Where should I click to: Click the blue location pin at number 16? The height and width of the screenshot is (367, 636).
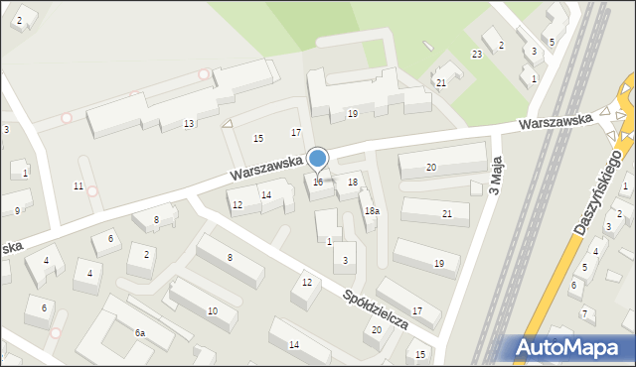pyautogui.click(x=318, y=160)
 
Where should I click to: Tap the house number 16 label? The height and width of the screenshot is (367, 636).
pyautogui.click(x=318, y=183)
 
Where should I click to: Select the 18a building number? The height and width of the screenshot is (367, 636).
pyautogui.click(x=371, y=211)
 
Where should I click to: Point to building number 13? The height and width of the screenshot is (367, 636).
pyautogui.click(x=189, y=124)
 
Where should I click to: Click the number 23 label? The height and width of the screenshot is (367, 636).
pyautogui.click(x=477, y=54)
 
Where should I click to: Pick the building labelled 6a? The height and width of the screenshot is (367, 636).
pyautogui.click(x=141, y=333)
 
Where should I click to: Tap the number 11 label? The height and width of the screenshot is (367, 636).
pyautogui.click(x=79, y=186)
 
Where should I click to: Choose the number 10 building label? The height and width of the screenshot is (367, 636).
pyautogui.click(x=213, y=311)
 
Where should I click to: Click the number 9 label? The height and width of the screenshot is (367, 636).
pyautogui.click(x=17, y=210)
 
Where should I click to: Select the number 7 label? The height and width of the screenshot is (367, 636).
pyautogui.click(x=584, y=314)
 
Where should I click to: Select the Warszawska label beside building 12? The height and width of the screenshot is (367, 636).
pyautogui.click(x=262, y=165)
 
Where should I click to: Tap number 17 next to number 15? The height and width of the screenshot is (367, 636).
pyautogui.click(x=295, y=133)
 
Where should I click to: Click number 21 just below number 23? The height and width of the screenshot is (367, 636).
pyautogui.click(x=440, y=83)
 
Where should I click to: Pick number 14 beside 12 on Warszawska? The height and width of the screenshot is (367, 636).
pyautogui.click(x=265, y=195)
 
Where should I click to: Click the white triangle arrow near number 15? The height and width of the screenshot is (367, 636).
pyautogui.click(x=228, y=124)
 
